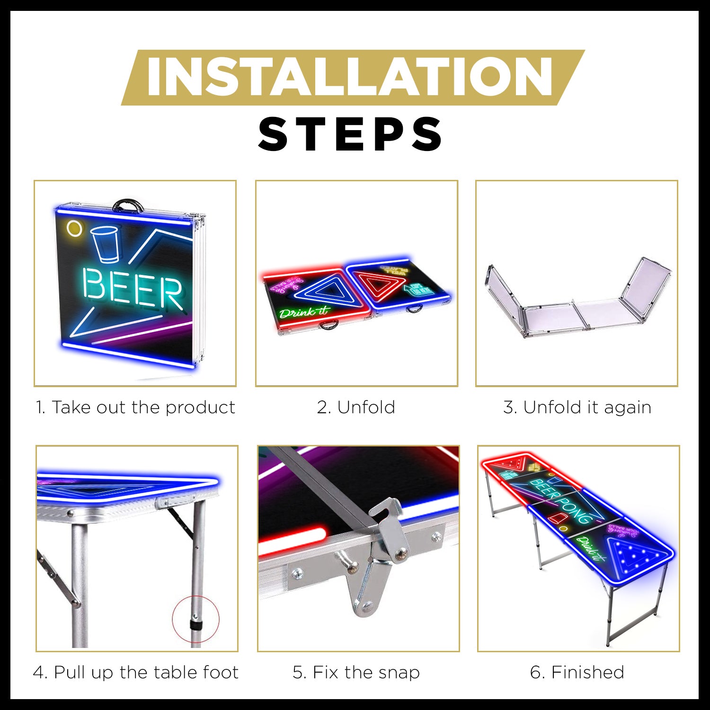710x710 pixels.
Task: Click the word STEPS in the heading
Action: pos(350,134)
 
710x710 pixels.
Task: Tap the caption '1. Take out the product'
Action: pos(135,408)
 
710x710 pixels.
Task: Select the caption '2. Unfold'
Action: pos(356,408)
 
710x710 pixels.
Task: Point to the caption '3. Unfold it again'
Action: pos(577,408)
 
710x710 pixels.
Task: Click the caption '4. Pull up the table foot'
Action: pos(136,672)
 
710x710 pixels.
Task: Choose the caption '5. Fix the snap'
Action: pos(356,672)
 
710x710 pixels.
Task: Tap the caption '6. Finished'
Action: pos(577,672)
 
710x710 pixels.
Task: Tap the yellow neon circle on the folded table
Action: pos(74,229)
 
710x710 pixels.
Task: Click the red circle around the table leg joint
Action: pos(195,619)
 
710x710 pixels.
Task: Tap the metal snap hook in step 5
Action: pos(388,525)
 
